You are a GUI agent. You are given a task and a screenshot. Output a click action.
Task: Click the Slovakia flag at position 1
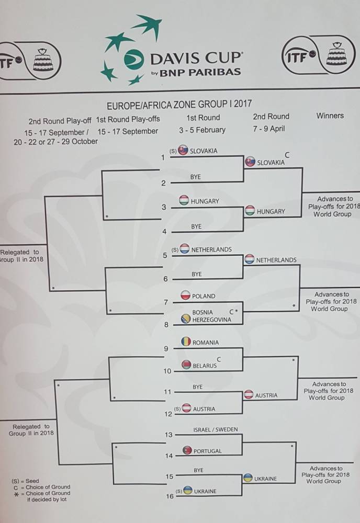click(x=183, y=151)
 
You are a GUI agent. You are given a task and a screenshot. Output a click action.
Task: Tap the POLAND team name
click(x=204, y=296)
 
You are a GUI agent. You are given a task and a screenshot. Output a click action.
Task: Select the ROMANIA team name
click(x=206, y=343)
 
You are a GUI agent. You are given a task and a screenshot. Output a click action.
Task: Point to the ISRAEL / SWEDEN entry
click(x=215, y=429)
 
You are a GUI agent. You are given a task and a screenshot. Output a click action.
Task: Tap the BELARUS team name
click(x=205, y=366)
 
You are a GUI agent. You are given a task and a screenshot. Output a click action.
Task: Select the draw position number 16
click(x=169, y=496)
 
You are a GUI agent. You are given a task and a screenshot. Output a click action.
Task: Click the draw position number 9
click(x=166, y=348)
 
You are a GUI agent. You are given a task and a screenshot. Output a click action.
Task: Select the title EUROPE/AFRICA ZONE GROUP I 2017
click(x=178, y=104)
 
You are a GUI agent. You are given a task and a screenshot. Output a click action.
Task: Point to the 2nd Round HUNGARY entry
click(x=271, y=211)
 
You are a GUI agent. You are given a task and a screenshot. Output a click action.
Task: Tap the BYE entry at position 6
click(x=197, y=274)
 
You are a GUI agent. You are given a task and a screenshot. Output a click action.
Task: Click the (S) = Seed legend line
click(x=25, y=481)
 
